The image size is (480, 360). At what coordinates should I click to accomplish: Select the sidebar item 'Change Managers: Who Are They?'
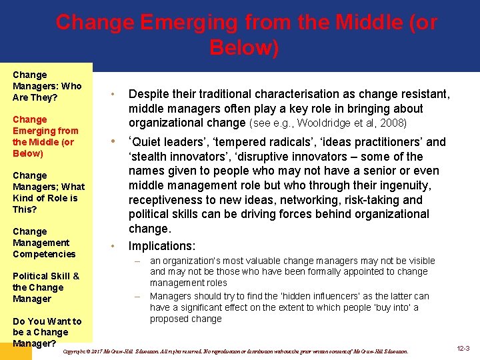point(47,86)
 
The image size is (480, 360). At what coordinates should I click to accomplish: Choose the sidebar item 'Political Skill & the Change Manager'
point(46,287)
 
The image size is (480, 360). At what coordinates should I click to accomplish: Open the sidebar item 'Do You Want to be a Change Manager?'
point(47,332)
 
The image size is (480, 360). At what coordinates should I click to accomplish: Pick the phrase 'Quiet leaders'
point(170,142)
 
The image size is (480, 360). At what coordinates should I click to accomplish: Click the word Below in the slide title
point(243,48)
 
